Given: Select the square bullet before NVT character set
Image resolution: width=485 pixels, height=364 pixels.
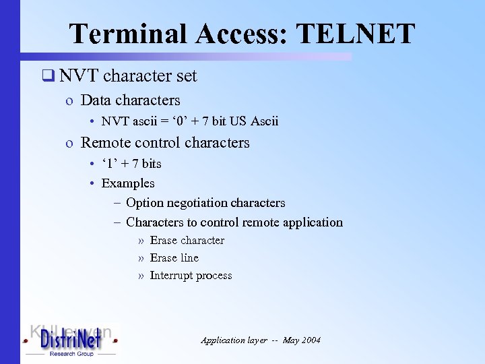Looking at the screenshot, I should coord(46,76).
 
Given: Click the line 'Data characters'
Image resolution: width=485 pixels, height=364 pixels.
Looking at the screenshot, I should coord(130,100).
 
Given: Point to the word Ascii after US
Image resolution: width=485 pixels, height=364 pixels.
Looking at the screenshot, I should coord(264,121).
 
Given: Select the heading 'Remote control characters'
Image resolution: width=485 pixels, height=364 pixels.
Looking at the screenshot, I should coord(165,143).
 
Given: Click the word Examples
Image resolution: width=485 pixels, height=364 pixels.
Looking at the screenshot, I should coord(128,183).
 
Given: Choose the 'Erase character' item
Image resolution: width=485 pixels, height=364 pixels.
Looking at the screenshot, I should coord(187,241).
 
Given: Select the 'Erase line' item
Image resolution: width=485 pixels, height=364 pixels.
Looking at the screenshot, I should coord(174,258).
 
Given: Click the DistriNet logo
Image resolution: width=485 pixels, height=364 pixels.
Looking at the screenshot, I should coord(70,338).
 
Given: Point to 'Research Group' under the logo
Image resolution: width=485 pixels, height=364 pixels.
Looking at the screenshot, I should coord(71,353).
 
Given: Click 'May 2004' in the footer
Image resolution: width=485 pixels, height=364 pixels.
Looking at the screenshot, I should coord(302,340).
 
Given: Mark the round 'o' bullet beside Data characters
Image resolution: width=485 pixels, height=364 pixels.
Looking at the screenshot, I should coord(69,101).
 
